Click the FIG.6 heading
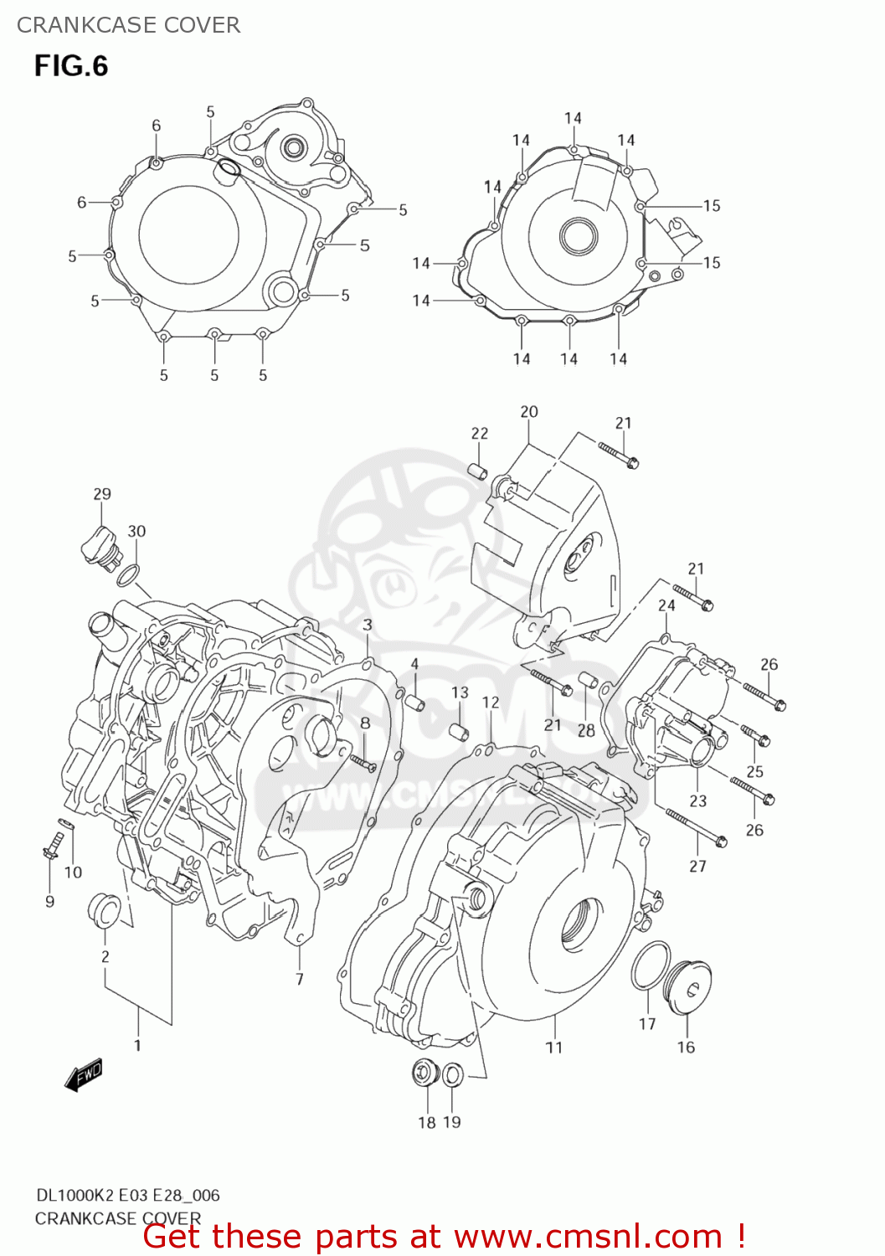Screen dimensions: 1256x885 (x=71, y=66)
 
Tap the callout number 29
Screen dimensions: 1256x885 (x=102, y=494)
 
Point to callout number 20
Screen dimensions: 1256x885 (x=529, y=412)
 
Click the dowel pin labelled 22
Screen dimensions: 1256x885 (x=478, y=471)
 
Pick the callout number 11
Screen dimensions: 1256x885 (x=554, y=1048)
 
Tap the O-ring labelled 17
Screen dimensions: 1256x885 (x=651, y=965)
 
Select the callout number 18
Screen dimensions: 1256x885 (x=427, y=1122)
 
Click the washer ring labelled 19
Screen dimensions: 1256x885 (x=451, y=1074)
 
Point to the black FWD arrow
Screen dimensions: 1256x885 (x=84, y=1075)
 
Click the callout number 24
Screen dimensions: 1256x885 (x=666, y=605)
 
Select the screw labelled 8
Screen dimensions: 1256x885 (x=363, y=762)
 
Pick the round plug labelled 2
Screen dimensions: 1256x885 (x=104, y=911)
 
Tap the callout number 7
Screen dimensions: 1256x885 (x=300, y=979)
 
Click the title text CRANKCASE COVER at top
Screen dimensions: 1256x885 (x=128, y=25)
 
